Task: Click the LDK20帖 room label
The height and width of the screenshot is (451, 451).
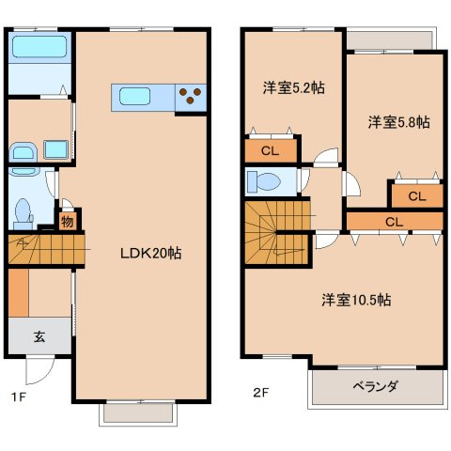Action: (x=149, y=253)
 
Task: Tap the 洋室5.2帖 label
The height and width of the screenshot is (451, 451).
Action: (x=292, y=87)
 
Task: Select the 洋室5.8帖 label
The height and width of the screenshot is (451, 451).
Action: (x=398, y=122)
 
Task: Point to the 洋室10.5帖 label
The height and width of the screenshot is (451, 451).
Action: (x=357, y=301)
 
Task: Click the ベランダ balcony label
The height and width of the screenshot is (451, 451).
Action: (x=376, y=386)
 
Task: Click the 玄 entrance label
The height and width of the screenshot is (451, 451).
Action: (x=40, y=334)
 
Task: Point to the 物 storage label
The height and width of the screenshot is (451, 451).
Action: (x=68, y=222)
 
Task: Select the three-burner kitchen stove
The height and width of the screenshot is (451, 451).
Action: (x=191, y=96)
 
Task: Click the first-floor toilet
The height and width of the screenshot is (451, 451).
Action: (x=23, y=209)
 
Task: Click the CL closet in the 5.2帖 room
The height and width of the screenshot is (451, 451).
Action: (x=270, y=150)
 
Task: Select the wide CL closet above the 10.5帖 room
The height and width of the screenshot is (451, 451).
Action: (x=394, y=222)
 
